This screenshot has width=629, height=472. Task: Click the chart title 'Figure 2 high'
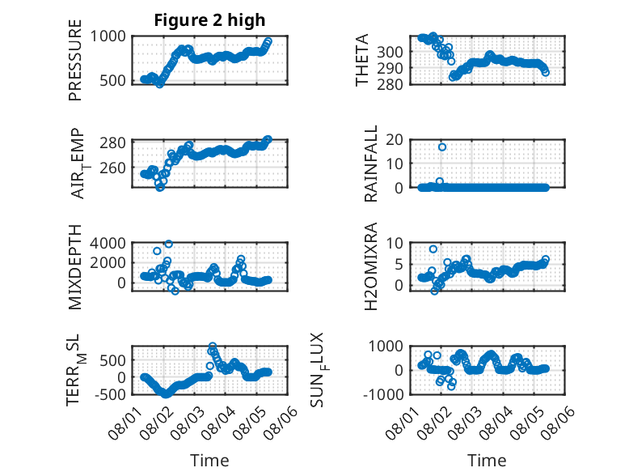pos(209,20)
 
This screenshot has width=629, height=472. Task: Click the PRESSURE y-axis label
pos(75,60)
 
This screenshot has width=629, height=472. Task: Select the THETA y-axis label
pos(362,60)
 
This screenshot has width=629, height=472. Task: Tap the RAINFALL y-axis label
pos(370,163)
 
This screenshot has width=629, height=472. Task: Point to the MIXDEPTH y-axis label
pos(75,267)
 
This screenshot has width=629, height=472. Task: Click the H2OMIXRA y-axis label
pos(370,266)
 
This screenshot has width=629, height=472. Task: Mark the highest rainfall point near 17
pos(442,147)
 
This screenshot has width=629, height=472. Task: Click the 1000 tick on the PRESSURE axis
pos(108,36)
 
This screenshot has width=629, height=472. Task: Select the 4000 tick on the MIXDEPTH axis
pos(108,243)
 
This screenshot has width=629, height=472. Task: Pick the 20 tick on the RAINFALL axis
pos(394,139)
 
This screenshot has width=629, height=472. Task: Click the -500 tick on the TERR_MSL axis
pos(110,394)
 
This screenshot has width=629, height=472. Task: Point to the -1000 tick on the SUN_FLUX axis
pos(382,394)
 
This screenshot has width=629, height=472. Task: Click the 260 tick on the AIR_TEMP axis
pos(112,168)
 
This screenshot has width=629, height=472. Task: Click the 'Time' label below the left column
pos(209,460)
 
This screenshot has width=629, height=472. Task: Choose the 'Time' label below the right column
pos(487,460)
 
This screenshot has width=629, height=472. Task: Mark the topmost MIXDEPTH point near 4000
pos(169,244)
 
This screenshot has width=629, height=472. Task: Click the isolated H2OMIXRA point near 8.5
pos(433,249)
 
